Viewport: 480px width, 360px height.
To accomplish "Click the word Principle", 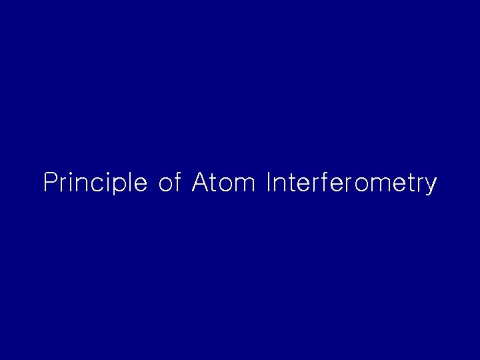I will click(95, 183).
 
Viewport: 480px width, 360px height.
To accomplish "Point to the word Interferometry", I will click(351, 183).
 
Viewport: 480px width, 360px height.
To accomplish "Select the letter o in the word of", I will click(166, 184).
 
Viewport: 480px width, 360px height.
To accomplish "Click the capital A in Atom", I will click(200, 183).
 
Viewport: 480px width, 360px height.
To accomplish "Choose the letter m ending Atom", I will click(245, 184).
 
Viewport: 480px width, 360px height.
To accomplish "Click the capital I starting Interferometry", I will click(268, 183).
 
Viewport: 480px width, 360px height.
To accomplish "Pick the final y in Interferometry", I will click(431, 186).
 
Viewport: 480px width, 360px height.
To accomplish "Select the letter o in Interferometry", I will click(360, 184).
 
